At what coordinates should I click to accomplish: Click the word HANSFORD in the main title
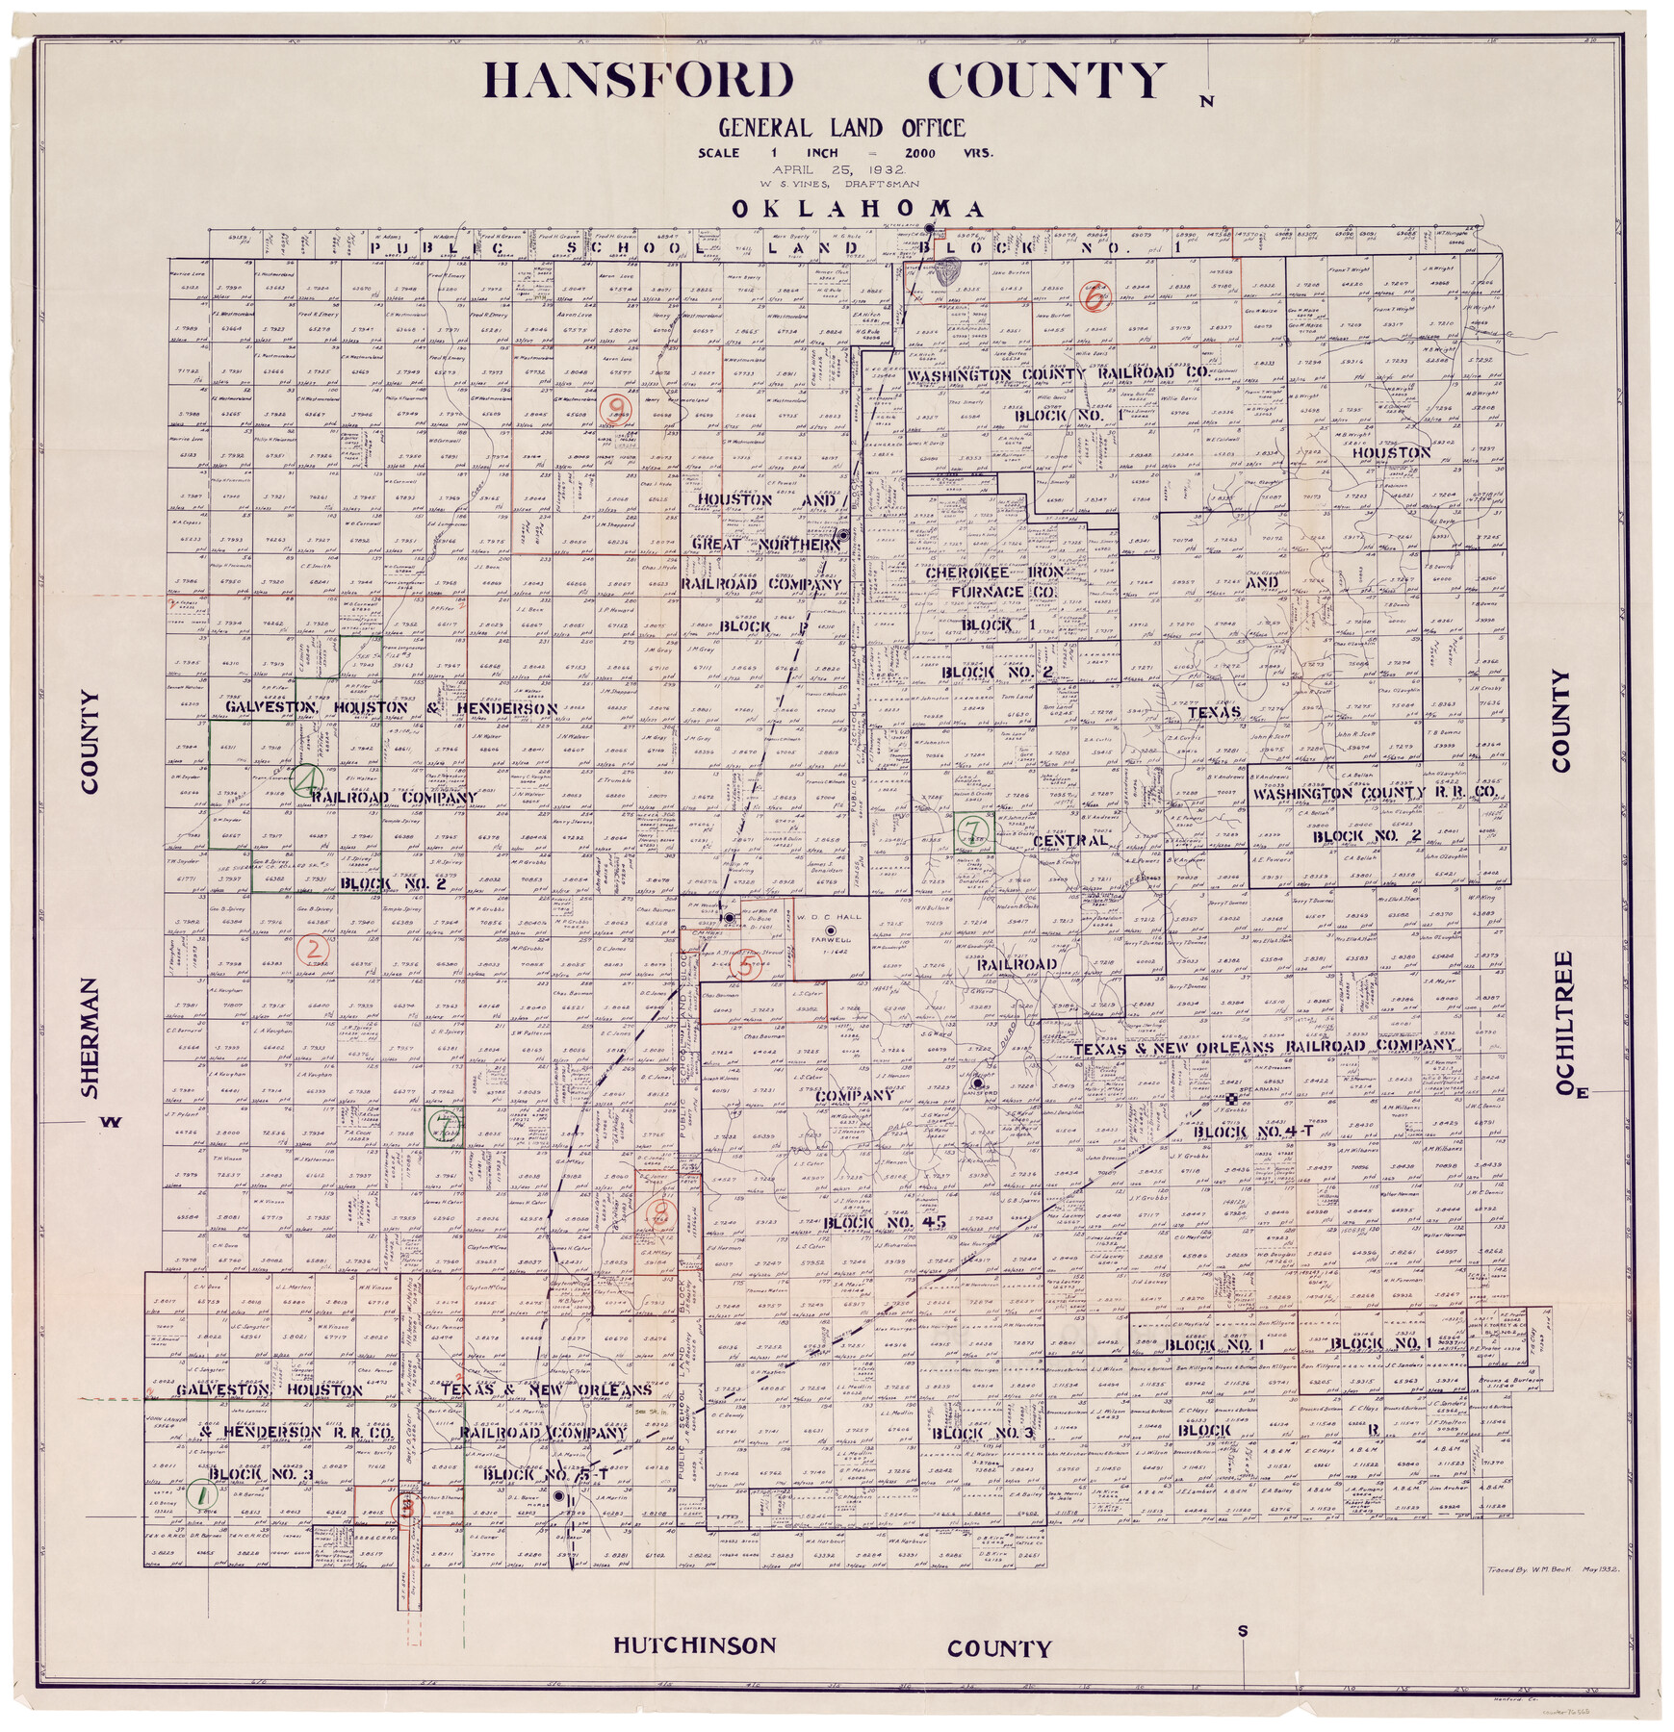pyautogui.click(x=639, y=83)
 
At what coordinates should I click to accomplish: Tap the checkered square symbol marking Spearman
pyautogui.click(x=1231, y=1099)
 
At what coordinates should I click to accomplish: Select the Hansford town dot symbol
pyautogui.click(x=976, y=1083)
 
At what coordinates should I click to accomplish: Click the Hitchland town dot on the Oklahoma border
pyautogui.click(x=929, y=229)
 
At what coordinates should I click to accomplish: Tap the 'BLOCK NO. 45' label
pyautogui.click(x=871, y=1222)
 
